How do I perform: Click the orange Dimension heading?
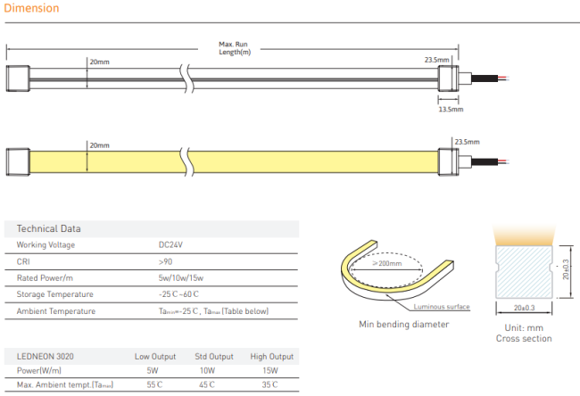[x=31, y=8]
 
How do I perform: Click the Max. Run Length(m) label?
[x=234, y=48]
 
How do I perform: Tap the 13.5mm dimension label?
[x=451, y=109]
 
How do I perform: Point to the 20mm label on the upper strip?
[x=100, y=62]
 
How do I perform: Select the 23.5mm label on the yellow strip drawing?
[x=467, y=142]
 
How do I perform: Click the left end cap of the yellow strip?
[x=18, y=161]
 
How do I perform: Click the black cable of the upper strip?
[x=485, y=78]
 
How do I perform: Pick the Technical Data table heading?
[x=48, y=228]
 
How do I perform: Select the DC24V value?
[x=170, y=244]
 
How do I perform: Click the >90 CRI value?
[x=165, y=262]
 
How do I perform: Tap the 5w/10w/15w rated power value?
[x=181, y=278]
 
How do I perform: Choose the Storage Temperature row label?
[x=54, y=294]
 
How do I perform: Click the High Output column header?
[x=272, y=357]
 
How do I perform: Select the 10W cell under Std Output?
[x=207, y=370]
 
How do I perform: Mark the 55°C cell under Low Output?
[x=154, y=384]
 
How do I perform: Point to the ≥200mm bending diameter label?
[x=387, y=263]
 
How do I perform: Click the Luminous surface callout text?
[x=442, y=307]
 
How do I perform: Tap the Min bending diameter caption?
[x=404, y=325]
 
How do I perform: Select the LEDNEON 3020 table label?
[x=46, y=357]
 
